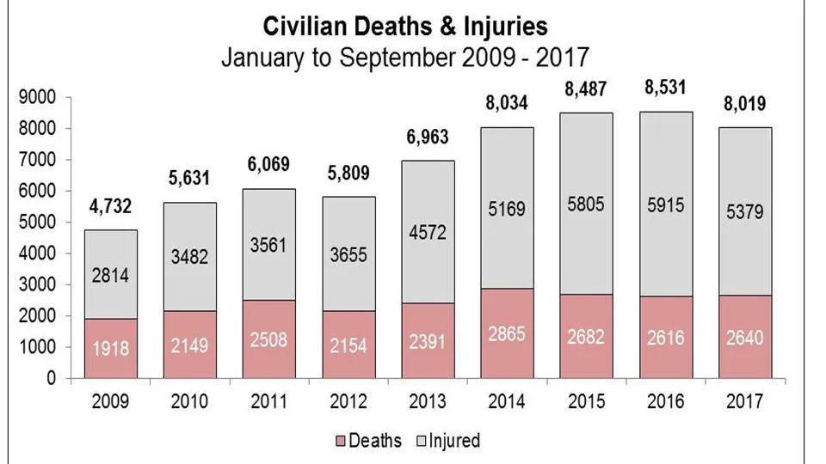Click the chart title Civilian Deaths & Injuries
pos(405,27)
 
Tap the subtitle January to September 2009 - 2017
pos(404,57)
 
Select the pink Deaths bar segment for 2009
pos(111,348)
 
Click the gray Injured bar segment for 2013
pos(428,231)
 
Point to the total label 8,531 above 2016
pos(665,88)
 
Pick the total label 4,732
pos(110,206)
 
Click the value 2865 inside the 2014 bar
pos(506,334)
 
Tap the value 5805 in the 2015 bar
pos(586,204)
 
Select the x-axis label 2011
pos(268,401)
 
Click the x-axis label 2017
pos(744,401)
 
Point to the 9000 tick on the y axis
pos(37,97)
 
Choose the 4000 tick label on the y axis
pos(37,253)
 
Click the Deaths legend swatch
pos(341,441)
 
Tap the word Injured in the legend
pos(454,440)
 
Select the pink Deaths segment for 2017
pos(745,337)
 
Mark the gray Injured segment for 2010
pos(189,257)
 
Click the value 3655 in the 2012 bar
pos(348,254)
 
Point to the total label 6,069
pos(268,165)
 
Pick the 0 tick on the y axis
pos(51,378)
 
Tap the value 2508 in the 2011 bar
pos(268,339)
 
